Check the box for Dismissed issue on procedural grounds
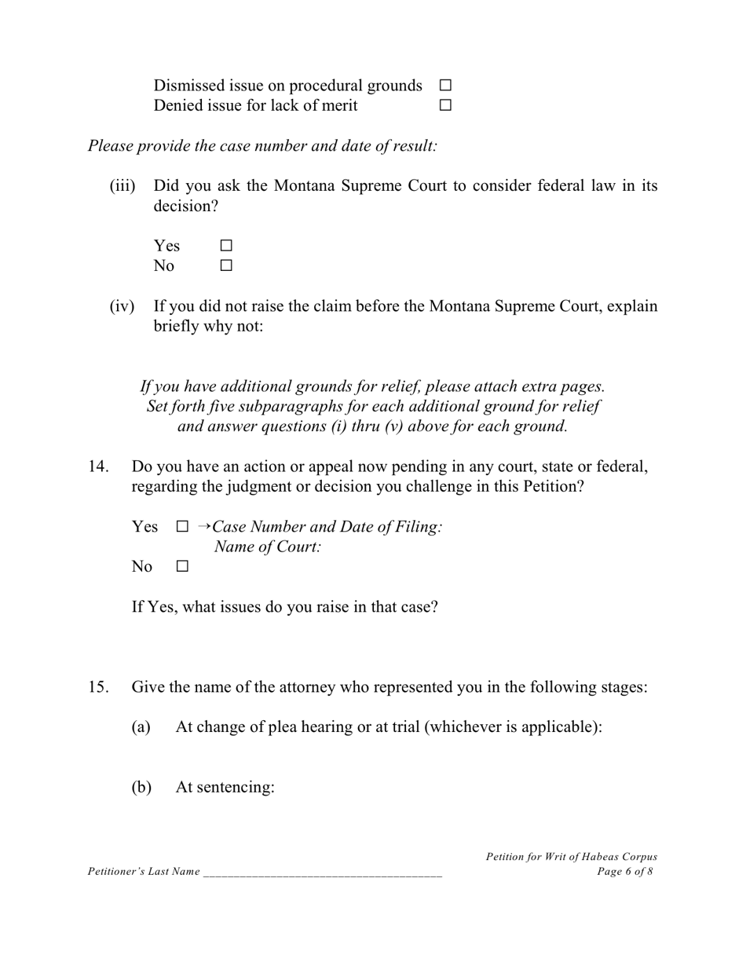445,85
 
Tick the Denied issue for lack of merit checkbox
445,105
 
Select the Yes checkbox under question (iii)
226,246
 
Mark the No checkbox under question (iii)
226,266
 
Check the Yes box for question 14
182,527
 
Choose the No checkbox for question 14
182,566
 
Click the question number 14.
98,467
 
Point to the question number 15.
98,687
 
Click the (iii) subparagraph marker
123,186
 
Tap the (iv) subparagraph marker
123,306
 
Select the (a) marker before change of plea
141,727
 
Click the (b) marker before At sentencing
141,787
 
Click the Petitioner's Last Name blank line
322,873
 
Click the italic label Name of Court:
268,547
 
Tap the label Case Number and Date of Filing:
327,527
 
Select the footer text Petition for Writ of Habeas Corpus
571,857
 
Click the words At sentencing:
225,787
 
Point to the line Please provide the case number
262,146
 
